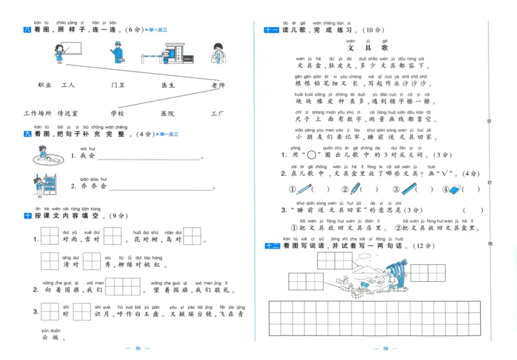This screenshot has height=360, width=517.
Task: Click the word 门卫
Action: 118,85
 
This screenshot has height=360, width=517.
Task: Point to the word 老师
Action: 218,85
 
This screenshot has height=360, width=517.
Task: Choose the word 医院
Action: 167,114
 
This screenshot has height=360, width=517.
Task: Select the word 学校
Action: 117,114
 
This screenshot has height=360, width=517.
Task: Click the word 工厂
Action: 217,114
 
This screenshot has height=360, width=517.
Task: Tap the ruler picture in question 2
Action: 409,189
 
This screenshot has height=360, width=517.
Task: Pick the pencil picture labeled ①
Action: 304,189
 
